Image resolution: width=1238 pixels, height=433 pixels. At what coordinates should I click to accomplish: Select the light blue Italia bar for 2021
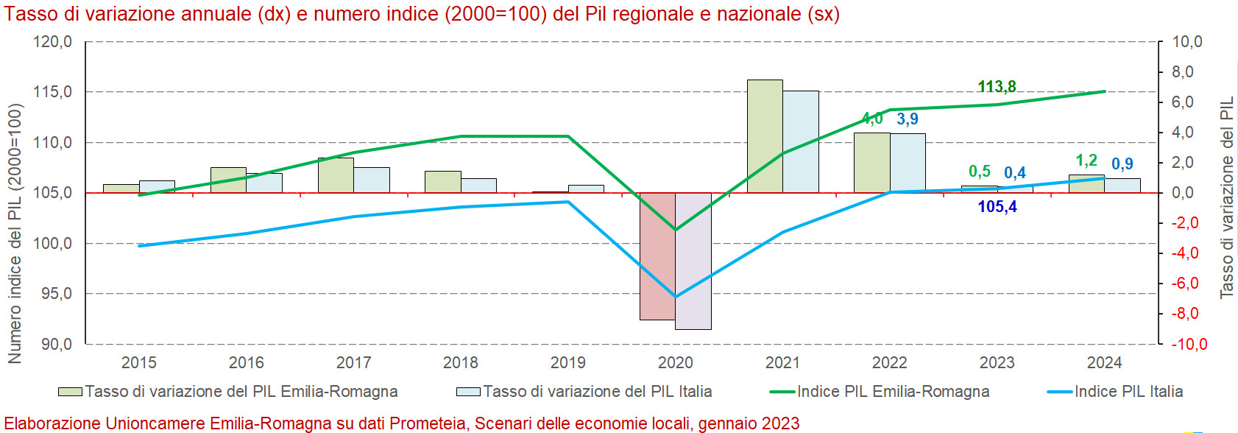click(801, 141)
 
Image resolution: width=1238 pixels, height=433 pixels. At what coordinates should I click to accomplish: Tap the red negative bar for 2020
click(657, 256)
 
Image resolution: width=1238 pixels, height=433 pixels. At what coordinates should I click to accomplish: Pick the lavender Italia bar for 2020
click(693, 261)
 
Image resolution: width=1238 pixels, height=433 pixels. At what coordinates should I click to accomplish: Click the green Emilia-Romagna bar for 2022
click(872, 162)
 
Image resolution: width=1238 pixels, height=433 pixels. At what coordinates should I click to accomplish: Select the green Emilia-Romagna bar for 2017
click(336, 175)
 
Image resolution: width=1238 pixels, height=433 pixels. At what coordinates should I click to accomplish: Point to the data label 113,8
click(997, 87)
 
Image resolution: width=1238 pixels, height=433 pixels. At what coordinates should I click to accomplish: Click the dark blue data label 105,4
click(997, 207)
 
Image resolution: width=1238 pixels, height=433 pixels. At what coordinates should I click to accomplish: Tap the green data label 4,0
click(872, 119)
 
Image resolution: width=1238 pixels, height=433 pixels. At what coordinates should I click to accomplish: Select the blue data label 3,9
click(908, 119)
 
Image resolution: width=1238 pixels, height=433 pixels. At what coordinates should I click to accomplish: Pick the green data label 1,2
click(1086, 161)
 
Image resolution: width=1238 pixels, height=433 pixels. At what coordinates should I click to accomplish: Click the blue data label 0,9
click(1122, 164)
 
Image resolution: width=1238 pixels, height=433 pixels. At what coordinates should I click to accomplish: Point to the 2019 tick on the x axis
click(568, 362)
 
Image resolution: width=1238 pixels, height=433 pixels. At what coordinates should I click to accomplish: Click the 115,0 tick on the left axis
click(53, 92)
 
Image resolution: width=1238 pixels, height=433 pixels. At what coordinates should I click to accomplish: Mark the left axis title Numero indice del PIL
click(15, 233)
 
